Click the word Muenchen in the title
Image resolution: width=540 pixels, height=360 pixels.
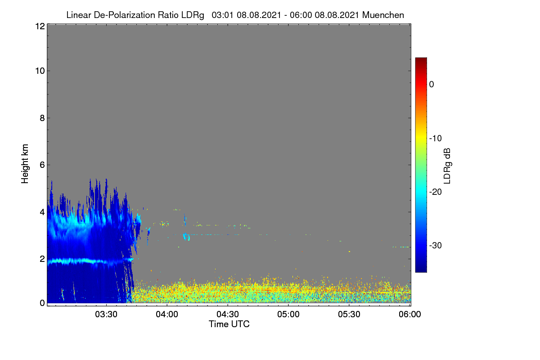tap(383, 15)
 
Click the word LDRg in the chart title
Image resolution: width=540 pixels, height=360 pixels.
tap(193, 15)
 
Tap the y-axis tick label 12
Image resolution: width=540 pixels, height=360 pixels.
tap(40, 26)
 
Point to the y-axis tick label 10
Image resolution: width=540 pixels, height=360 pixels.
tap(40, 71)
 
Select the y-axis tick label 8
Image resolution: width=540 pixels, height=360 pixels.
tap(42, 118)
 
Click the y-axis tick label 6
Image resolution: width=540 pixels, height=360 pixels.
tap(42, 165)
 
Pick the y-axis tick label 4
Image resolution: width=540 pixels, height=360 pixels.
tap(42, 212)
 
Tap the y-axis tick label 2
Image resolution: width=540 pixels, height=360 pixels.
tap(42, 259)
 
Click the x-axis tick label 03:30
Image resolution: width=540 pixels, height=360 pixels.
tap(106, 315)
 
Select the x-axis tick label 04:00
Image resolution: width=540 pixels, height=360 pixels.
tap(167, 315)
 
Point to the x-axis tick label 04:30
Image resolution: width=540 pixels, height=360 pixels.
tap(228, 315)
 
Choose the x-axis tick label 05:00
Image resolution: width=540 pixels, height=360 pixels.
tap(288, 315)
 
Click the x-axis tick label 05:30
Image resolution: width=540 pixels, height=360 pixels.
tap(349, 315)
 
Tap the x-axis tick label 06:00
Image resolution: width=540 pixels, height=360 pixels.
tap(410, 315)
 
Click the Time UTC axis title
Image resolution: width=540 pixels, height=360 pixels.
tap(229, 324)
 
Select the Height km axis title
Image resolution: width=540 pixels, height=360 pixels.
tap(25, 164)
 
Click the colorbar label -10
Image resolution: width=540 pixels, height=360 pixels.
tap(436, 139)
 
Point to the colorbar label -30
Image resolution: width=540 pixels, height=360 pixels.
tap(436, 245)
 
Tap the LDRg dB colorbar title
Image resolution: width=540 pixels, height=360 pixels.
tap(447, 166)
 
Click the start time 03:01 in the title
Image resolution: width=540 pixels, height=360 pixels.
tap(222, 15)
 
